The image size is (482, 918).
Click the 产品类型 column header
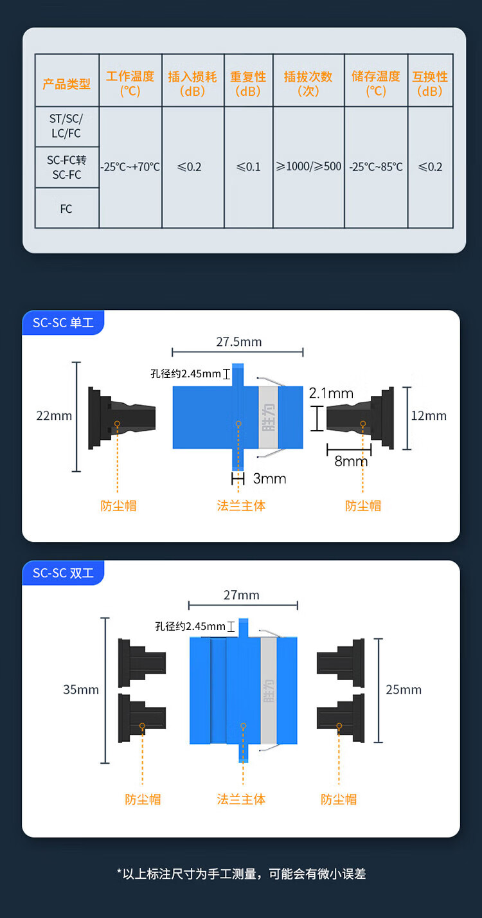coord(67,84)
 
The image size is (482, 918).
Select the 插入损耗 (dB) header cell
coord(193,84)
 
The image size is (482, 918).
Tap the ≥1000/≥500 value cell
coord(308,166)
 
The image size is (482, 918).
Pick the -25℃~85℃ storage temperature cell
coord(376,166)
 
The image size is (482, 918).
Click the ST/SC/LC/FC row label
coord(66,127)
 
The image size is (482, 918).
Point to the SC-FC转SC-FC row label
coord(66,167)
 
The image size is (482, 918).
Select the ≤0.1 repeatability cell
coord(249,166)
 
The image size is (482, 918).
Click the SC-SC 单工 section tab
coord(63,323)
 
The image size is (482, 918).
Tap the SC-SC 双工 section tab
coord(63,573)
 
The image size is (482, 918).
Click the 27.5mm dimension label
coord(238,341)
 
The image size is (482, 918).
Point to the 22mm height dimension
coord(54,416)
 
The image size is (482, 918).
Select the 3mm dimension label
coord(270,479)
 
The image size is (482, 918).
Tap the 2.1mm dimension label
coord(331,393)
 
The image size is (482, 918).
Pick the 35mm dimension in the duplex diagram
coord(81,690)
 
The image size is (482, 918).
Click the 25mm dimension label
coord(404,690)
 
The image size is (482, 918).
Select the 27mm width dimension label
coord(242,595)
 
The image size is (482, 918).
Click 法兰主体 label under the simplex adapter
coord(241,506)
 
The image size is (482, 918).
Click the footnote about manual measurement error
coord(241,874)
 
